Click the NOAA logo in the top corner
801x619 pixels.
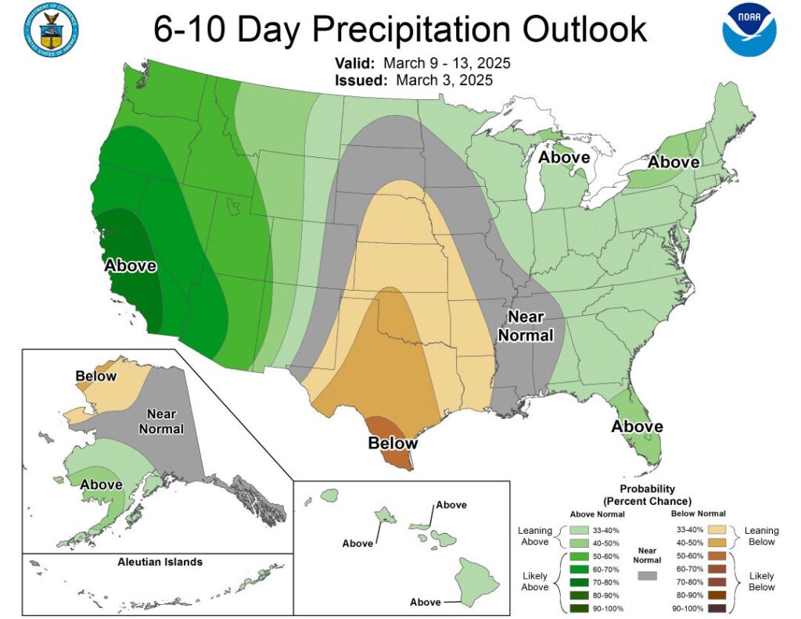pyautogui.click(x=749, y=30)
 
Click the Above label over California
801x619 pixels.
pyautogui.click(x=131, y=266)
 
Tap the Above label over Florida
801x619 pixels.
pyautogui.click(x=637, y=427)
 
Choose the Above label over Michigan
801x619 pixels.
pyautogui.click(x=564, y=158)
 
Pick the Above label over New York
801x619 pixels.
pyautogui.click(x=673, y=162)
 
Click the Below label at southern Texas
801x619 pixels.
pyautogui.click(x=393, y=443)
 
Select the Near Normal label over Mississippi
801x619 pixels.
pyautogui.click(x=530, y=326)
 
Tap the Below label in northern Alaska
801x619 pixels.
pyautogui.click(x=96, y=377)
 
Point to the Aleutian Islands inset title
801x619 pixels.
pyautogui.click(x=160, y=562)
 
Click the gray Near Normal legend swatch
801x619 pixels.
pyautogui.click(x=646, y=575)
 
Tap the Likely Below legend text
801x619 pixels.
pyautogui.click(x=761, y=581)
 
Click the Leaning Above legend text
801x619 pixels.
pyautogui.click(x=535, y=536)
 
